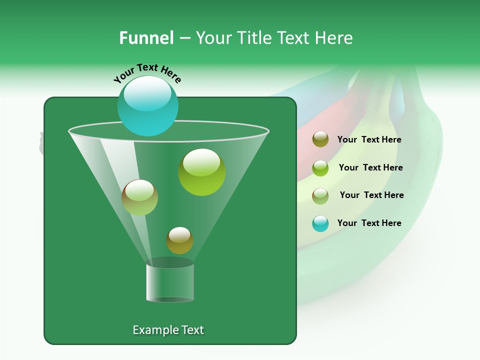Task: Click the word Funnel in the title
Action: click(x=146, y=38)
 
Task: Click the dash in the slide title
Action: click(x=184, y=38)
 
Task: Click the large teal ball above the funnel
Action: click(x=147, y=105)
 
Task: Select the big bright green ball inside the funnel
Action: click(x=201, y=172)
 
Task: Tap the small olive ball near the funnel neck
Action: click(x=179, y=240)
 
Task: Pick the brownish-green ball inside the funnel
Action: click(x=139, y=197)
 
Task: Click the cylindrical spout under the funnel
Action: click(x=169, y=282)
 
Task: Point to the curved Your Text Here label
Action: click(x=147, y=72)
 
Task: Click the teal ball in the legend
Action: click(x=320, y=223)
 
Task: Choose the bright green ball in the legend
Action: click(x=320, y=168)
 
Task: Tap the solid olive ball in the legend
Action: click(x=320, y=139)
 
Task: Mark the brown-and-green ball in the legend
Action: click(x=320, y=195)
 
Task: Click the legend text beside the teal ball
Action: click(x=369, y=223)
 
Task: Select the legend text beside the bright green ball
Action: click(x=370, y=167)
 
